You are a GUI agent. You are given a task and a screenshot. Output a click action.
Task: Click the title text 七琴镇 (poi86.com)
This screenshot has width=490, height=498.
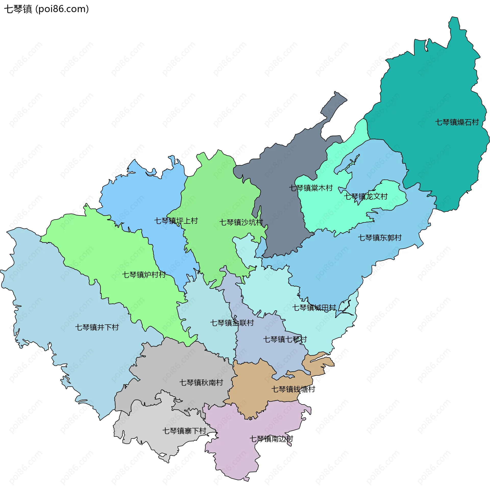click(x=46, y=9)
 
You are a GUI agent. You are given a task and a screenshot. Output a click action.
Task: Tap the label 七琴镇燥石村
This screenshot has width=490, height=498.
click(x=457, y=122)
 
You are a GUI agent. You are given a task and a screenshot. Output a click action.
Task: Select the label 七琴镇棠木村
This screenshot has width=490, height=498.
click(x=311, y=188)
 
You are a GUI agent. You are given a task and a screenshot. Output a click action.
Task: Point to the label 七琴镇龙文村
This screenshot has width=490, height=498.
click(x=365, y=196)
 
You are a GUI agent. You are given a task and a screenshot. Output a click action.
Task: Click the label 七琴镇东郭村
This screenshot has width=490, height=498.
click(x=379, y=238)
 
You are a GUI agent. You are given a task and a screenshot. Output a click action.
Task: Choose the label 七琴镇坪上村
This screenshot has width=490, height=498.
click(x=176, y=221)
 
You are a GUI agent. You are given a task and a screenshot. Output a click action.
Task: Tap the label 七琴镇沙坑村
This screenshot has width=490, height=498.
click(x=241, y=222)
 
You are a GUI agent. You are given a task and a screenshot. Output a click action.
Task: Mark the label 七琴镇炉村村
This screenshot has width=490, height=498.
click(x=144, y=275)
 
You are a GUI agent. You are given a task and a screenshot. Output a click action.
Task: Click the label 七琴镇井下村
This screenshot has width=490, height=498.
click(x=97, y=327)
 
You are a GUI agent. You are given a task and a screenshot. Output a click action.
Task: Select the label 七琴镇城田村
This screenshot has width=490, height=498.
click(x=314, y=307)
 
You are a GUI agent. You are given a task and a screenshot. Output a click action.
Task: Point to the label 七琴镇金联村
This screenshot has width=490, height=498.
click(x=232, y=323)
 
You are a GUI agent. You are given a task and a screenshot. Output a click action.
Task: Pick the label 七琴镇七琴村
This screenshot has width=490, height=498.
click(x=285, y=339)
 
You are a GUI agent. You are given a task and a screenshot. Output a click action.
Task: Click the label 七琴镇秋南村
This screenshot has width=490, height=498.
click(x=201, y=382)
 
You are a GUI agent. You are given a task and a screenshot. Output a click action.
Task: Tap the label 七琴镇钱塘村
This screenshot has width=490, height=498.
click(x=293, y=389)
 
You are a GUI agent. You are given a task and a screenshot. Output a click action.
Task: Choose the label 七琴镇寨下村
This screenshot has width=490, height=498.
click(x=184, y=431)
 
